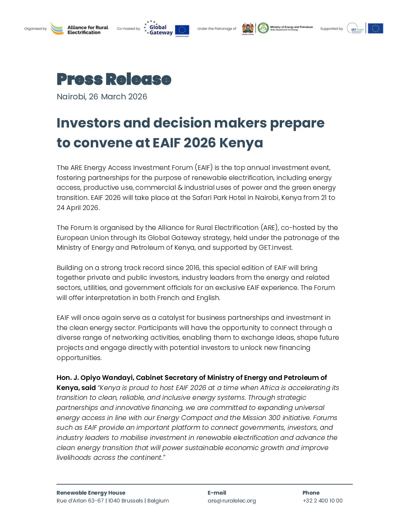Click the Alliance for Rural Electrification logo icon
point(57,28)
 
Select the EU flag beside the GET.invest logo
point(375,28)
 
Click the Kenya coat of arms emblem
point(248,28)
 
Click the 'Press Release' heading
point(114,79)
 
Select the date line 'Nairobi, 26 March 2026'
point(102,97)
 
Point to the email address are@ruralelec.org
point(232,501)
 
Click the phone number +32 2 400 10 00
point(322,501)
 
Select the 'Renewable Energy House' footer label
point(91,493)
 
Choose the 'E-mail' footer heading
point(217,493)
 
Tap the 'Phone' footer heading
point(311,493)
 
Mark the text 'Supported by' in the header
point(331,29)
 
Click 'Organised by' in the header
point(36,29)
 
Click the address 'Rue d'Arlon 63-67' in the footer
point(80,501)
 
